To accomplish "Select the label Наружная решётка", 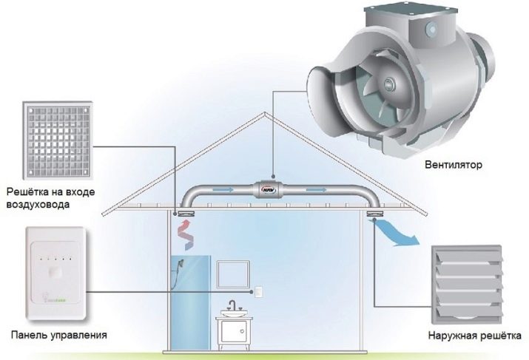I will tap(466, 342).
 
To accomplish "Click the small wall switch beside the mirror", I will tap(259, 291).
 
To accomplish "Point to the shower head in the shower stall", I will tap(180, 269).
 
